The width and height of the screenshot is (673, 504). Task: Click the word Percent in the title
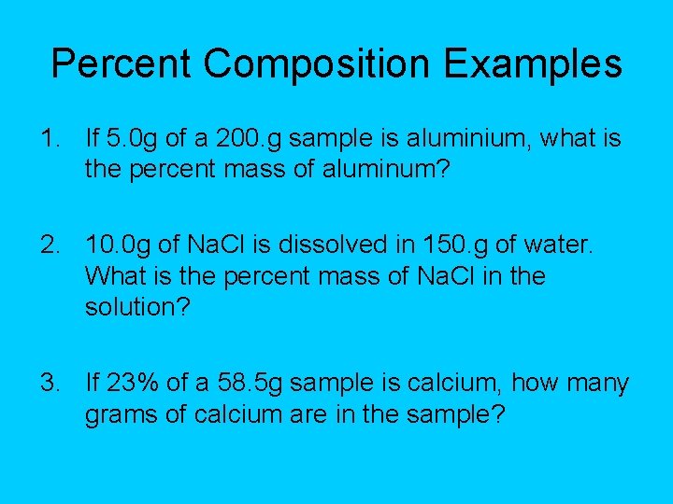[x=121, y=63]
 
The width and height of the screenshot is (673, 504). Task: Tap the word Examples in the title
[x=533, y=63]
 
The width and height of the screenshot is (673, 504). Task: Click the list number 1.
[x=50, y=140]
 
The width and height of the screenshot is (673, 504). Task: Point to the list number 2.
[x=50, y=245]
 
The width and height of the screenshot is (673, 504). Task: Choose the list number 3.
[x=50, y=383]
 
